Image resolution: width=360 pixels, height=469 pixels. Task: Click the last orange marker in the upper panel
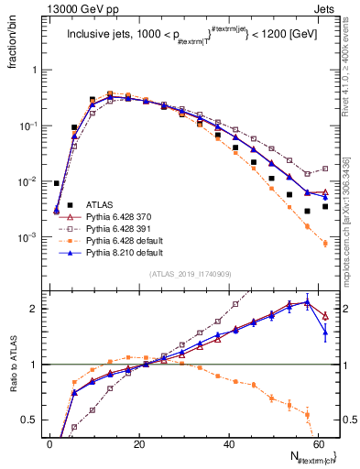[325, 244]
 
